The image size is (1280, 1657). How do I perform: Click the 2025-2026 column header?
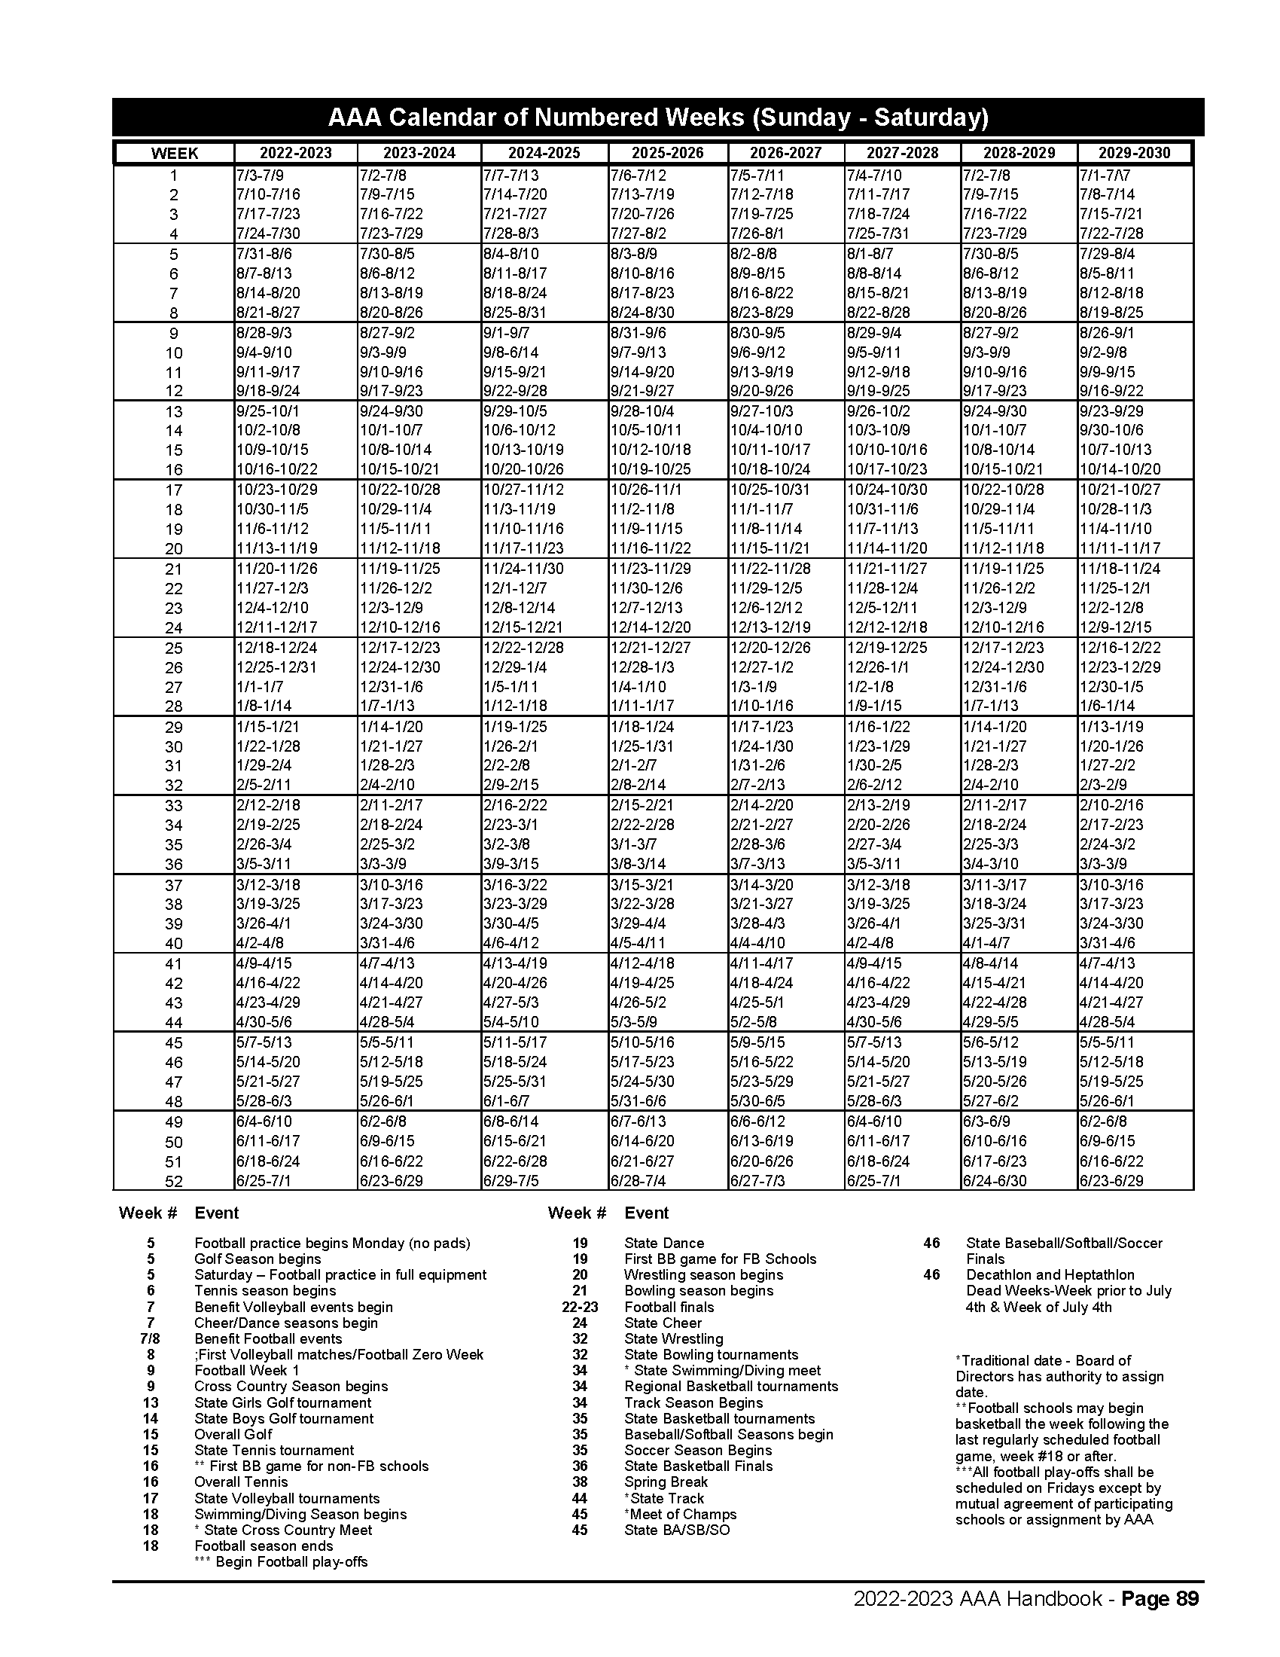(667, 152)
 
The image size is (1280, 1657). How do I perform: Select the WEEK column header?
(175, 153)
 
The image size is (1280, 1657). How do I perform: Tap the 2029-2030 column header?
(1135, 152)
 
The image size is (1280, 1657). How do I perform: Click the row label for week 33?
(174, 806)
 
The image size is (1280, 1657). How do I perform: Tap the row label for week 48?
(174, 1102)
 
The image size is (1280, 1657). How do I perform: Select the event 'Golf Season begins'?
(258, 1259)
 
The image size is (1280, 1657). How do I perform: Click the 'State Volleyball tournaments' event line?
(287, 1498)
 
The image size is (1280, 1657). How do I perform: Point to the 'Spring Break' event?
(666, 1482)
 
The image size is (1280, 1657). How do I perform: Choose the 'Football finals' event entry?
(669, 1307)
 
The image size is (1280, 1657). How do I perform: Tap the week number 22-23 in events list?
(579, 1307)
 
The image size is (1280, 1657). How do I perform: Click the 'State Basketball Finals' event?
(699, 1466)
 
